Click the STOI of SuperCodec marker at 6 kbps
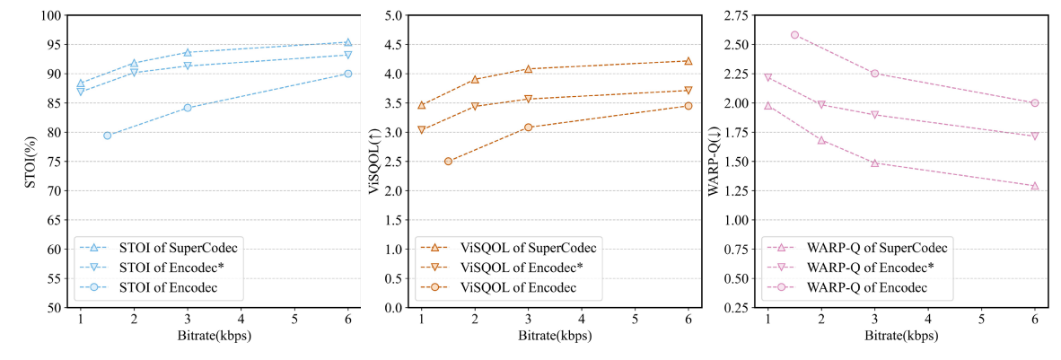point(348,42)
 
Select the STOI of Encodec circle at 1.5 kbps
point(107,136)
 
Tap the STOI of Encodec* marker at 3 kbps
point(188,66)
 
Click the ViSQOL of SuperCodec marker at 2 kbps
point(475,79)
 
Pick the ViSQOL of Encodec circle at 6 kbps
point(688,106)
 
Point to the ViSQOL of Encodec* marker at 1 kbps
point(421,130)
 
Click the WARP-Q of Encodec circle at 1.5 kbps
point(794,35)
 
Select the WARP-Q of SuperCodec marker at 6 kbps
point(1035,186)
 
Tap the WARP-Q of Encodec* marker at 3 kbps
point(874,115)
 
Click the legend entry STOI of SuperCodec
point(175,247)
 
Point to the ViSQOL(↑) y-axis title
point(375,162)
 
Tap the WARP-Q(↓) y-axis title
point(715,162)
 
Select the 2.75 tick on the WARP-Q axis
point(735,16)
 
